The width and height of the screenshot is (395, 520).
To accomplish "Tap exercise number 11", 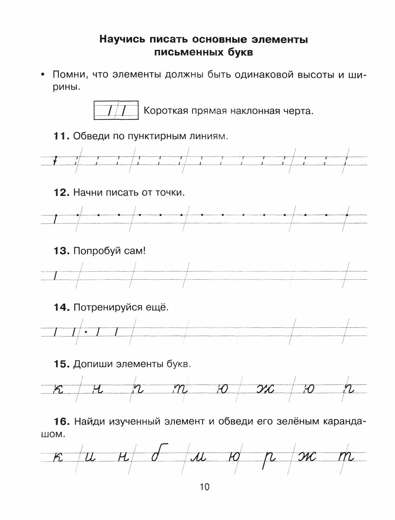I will point(61,136).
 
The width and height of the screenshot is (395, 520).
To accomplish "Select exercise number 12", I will point(61,193).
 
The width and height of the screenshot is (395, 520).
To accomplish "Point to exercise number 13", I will point(61,251).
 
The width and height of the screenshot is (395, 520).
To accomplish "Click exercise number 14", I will point(61,308).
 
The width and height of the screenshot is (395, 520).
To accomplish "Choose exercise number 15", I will point(61,364).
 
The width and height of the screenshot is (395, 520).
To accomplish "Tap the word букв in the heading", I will point(239,53).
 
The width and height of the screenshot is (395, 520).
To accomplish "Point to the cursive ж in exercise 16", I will point(308,457).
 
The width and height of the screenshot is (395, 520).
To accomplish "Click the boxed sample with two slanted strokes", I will point(116,110).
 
